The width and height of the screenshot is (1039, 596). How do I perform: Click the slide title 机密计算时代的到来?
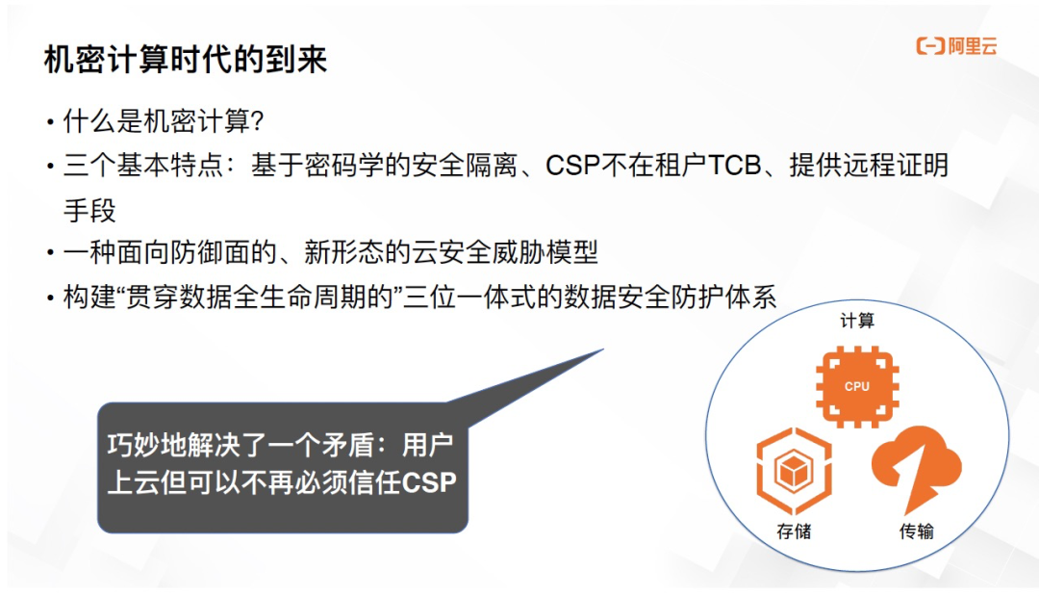[x=186, y=60]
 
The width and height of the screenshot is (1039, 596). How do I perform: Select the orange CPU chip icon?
[x=856, y=386]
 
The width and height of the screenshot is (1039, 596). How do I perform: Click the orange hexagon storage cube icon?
[x=794, y=472]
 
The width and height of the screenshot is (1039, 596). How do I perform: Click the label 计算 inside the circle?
[x=857, y=321]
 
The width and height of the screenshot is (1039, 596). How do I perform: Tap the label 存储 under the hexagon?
[x=794, y=531]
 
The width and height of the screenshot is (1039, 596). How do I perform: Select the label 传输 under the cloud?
[x=916, y=531]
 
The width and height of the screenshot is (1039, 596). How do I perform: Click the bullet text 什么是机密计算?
[x=164, y=121]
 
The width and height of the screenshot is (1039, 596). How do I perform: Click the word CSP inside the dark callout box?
[x=428, y=482]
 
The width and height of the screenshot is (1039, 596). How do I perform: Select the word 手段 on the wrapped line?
[x=89, y=209]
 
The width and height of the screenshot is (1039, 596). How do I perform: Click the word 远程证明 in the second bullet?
[x=898, y=166]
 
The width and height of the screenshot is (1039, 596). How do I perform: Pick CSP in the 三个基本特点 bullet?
[x=573, y=166]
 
